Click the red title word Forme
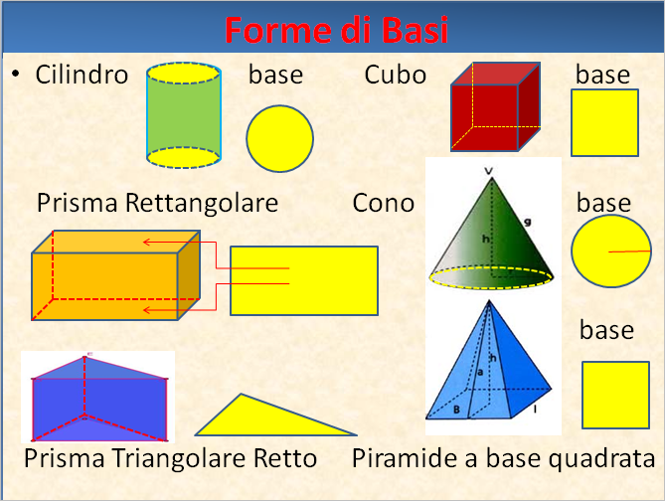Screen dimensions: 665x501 277,30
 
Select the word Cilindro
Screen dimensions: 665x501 82,75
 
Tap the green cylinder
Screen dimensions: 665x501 184,115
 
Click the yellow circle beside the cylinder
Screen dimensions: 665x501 280,139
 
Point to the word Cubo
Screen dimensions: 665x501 396,75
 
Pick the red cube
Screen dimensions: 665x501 495,106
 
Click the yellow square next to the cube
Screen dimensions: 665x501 604,122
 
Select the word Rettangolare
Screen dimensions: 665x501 202,203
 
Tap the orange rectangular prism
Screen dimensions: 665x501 115,275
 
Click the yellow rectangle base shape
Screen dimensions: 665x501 304,281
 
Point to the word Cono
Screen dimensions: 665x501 384,203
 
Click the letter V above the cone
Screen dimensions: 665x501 489,171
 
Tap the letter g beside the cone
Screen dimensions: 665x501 528,221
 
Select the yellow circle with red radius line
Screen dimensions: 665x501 611,251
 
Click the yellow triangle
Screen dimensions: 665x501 275,415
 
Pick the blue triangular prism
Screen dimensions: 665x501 99,398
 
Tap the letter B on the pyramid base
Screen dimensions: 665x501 457,410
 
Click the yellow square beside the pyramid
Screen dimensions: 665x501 616,395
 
